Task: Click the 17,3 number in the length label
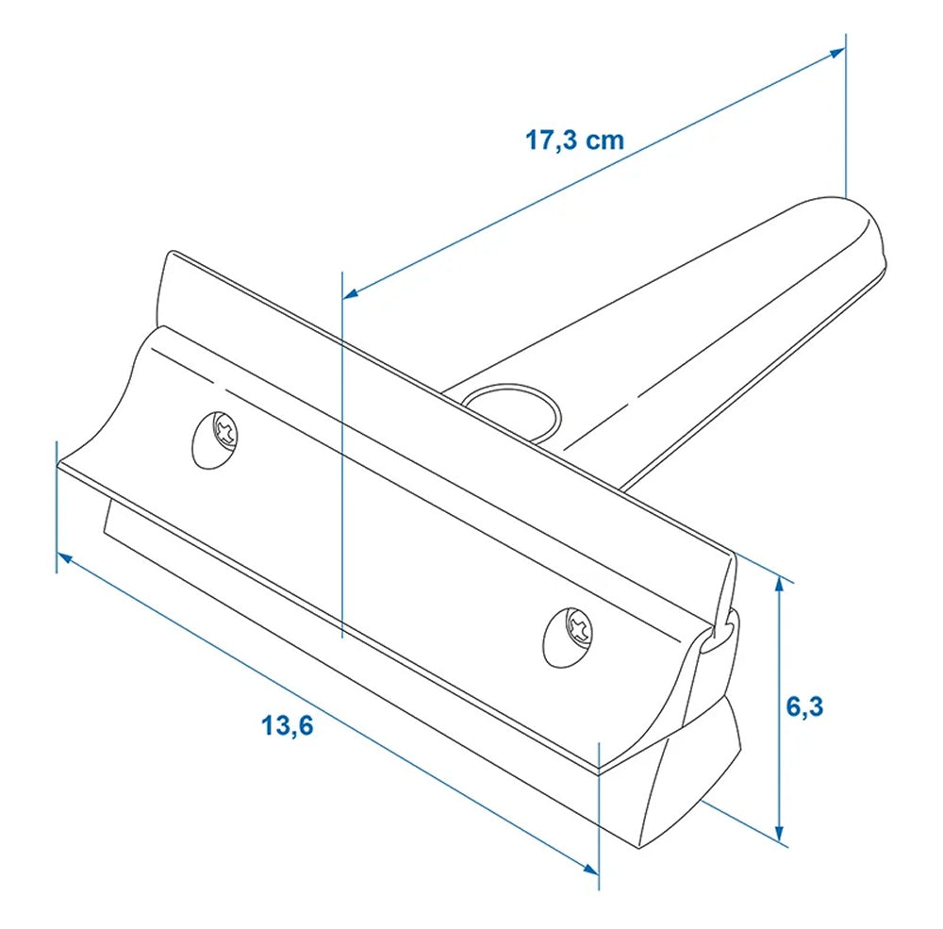(x=553, y=141)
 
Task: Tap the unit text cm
(x=605, y=141)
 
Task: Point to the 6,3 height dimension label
(x=805, y=706)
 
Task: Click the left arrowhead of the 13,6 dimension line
(x=64, y=559)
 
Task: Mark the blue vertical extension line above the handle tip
(x=845, y=113)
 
